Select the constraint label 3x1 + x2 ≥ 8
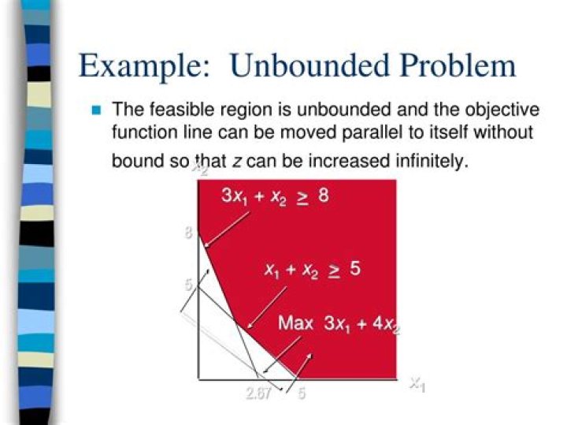275,197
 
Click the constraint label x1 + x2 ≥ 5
313,270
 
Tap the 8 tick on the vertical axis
189,233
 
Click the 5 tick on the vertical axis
189,285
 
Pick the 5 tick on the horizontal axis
301,393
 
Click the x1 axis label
417,384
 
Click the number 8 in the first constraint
323,196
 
